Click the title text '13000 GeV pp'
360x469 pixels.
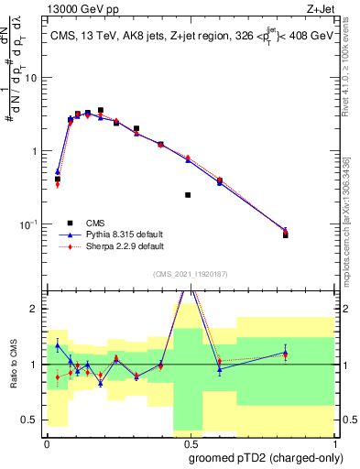click(78, 8)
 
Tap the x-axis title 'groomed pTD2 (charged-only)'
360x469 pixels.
click(265, 457)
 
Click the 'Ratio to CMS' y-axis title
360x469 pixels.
click(14, 364)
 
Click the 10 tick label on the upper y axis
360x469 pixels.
click(31, 78)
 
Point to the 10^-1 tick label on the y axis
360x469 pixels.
click(29, 224)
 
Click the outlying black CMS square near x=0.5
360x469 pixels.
click(188, 195)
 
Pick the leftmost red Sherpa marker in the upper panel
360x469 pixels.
click(58, 185)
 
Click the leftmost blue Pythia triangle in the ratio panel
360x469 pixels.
click(58, 344)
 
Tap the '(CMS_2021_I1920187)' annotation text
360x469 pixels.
click(189, 273)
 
